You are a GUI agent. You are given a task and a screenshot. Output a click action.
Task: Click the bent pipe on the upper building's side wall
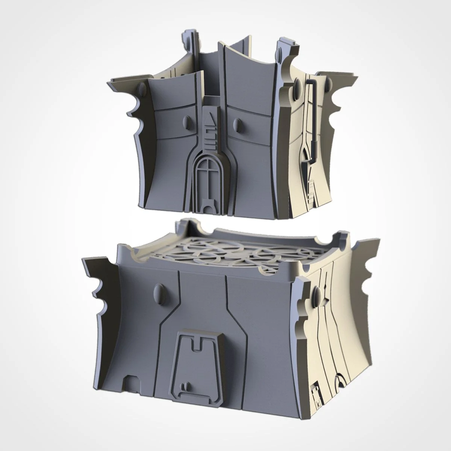(x=310, y=109)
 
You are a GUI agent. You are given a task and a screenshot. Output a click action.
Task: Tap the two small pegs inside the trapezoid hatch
(x=185, y=385)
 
